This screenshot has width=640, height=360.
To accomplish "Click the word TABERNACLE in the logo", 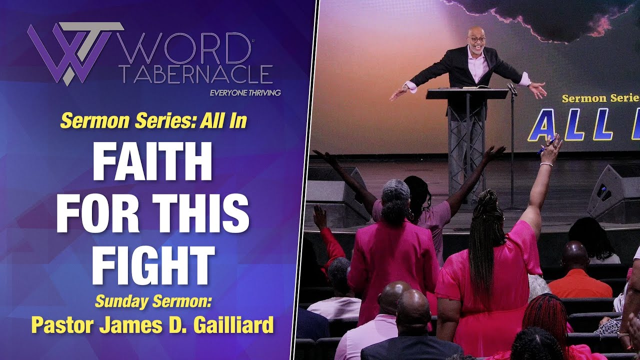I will (x=196, y=74).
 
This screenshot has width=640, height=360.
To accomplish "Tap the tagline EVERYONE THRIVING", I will (x=245, y=92).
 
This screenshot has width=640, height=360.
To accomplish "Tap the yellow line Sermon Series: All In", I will (x=153, y=121).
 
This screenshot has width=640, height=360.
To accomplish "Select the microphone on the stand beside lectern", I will (x=511, y=89).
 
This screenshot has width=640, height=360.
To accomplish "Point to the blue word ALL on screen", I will (x=568, y=125).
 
